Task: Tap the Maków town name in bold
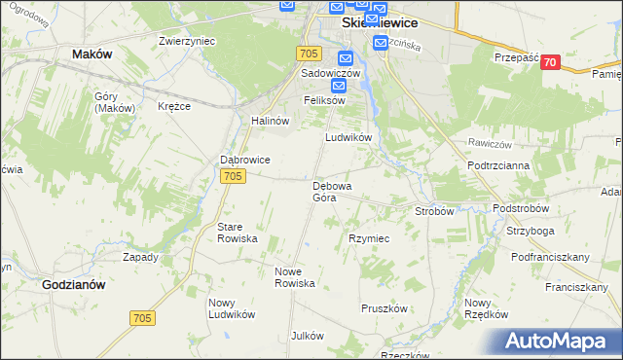click(92, 55)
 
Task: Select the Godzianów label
click(74, 285)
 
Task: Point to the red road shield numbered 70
click(552, 62)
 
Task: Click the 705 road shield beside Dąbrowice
click(232, 176)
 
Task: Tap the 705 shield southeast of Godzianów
click(142, 317)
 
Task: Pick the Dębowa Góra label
click(331, 191)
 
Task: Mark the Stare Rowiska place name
click(236, 232)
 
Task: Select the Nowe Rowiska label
click(295, 276)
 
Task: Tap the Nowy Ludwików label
click(231, 307)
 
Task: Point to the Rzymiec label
click(369, 238)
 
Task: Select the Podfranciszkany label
click(550, 257)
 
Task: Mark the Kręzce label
click(173, 106)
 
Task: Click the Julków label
click(307, 336)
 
